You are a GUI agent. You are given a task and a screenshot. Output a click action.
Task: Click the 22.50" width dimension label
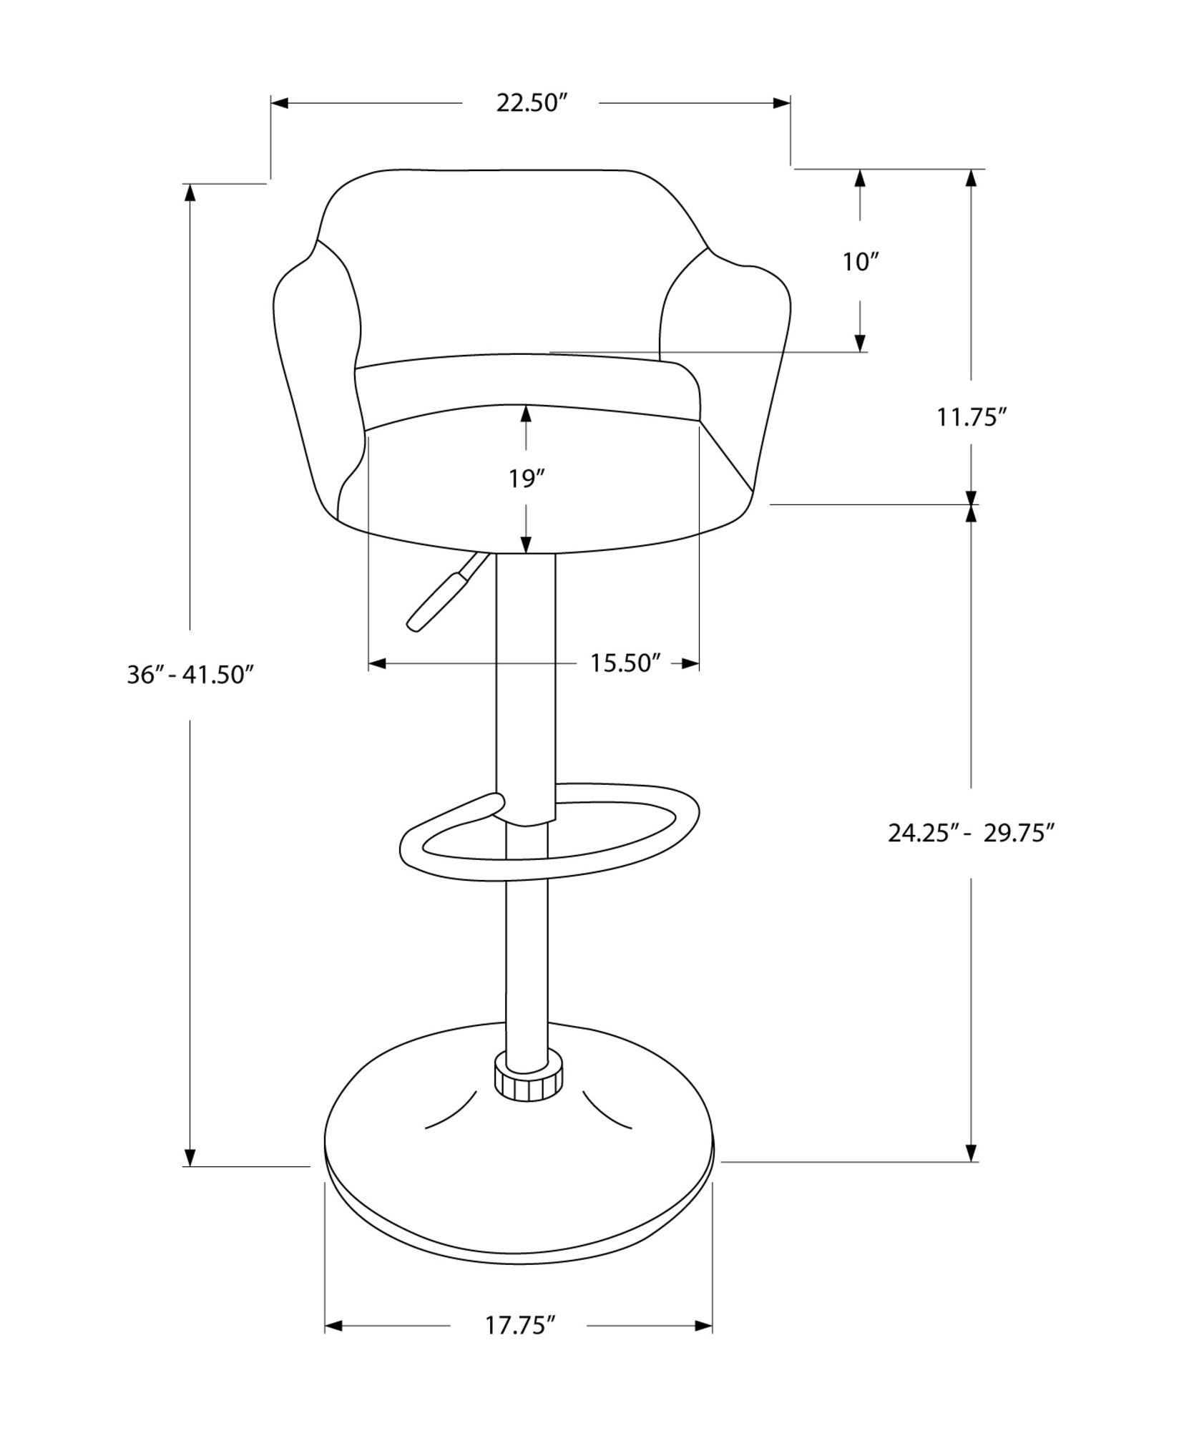[x=532, y=103]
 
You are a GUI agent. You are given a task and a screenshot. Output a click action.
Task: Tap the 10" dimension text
[x=859, y=262]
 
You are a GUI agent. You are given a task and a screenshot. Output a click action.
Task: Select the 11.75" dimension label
[x=972, y=416]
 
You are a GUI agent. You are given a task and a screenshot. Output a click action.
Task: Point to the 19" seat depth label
[x=527, y=479]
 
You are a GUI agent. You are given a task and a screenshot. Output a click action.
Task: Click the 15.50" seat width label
[x=624, y=663]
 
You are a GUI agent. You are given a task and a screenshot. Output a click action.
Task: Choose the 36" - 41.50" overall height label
[x=190, y=675]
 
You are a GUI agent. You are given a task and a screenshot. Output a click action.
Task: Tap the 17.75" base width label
[x=520, y=1326]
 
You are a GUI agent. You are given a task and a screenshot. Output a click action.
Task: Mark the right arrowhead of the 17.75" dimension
[x=704, y=1326]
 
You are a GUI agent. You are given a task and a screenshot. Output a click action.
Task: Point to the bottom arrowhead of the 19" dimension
[x=527, y=544]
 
